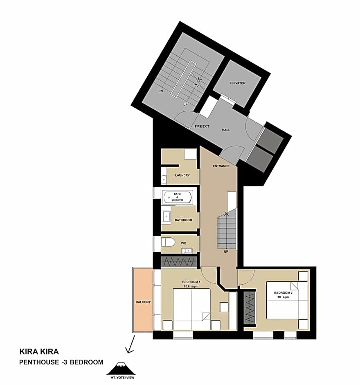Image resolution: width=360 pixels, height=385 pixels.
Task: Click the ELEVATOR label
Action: [x=237, y=83]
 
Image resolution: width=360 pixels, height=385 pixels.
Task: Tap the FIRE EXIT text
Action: [x=202, y=127]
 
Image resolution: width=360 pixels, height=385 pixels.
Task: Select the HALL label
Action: [x=226, y=130]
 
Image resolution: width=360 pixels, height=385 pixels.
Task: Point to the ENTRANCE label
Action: [x=221, y=166]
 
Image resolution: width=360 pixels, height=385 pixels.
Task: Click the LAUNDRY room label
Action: [x=182, y=175]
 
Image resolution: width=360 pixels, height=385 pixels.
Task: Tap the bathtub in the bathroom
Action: [x=178, y=197]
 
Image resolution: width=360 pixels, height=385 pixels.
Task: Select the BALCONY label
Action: [x=143, y=302]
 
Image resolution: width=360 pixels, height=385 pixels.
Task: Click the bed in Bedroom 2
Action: [x=287, y=300]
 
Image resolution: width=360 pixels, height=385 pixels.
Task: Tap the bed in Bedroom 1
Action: [x=192, y=309]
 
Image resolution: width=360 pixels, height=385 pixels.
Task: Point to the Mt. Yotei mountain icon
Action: [x=121, y=368]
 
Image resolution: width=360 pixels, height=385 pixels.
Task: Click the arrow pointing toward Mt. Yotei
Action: [x=130, y=345]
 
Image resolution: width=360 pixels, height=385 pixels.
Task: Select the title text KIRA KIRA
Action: [x=39, y=351]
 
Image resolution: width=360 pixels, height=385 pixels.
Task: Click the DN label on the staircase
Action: [x=161, y=91]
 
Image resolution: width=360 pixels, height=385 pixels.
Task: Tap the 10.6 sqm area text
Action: [x=191, y=286]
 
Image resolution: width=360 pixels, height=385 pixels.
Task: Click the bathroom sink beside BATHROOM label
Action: [x=166, y=217]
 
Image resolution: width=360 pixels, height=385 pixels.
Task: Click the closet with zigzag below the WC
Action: [x=179, y=261]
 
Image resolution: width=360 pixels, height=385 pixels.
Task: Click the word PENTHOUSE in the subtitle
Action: [x=39, y=362]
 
